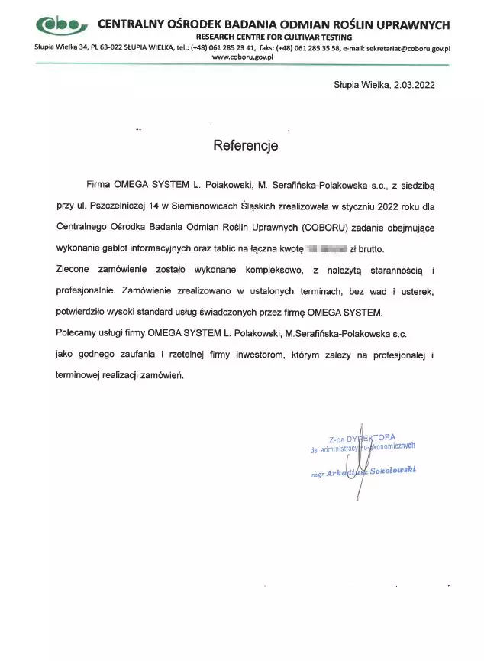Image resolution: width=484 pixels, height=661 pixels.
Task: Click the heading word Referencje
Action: [246, 145]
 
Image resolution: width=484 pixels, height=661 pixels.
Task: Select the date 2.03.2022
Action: [415, 86]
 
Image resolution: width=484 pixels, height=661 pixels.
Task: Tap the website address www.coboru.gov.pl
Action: [242, 57]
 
